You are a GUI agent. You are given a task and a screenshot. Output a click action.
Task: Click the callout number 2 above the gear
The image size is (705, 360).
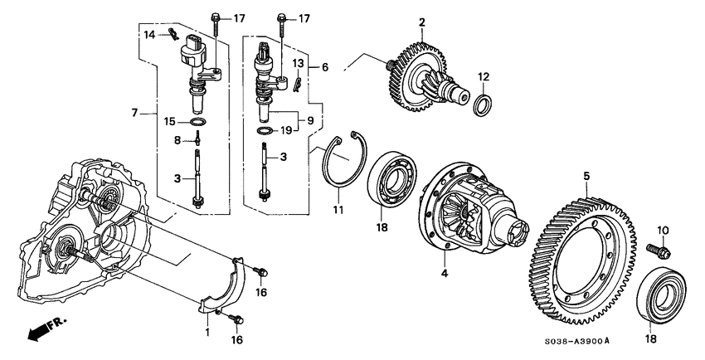click(x=422, y=22)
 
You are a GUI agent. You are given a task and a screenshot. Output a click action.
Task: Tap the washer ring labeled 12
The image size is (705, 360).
click(x=482, y=107)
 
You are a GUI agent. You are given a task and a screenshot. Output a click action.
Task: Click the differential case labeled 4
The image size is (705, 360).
click(x=469, y=212)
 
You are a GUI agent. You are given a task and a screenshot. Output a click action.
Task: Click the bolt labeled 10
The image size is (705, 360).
click(x=664, y=247)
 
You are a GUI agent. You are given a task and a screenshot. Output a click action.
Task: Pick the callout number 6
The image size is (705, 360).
click(x=325, y=66)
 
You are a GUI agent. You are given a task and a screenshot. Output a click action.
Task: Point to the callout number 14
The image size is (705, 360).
click(x=150, y=34)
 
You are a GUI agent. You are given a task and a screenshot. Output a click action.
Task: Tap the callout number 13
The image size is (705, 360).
click(x=299, y=63)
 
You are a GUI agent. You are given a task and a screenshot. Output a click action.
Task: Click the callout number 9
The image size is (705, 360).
click(x=311, y=120)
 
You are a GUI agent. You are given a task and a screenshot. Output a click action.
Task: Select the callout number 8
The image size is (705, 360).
click(x=177, y=140)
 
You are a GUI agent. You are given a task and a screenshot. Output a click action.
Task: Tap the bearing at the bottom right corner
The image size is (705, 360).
click(x=664, y=294)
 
